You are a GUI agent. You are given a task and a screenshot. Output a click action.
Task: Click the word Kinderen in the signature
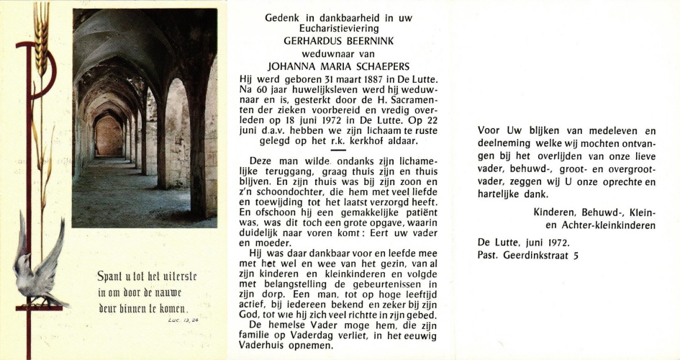[x=553, y=212]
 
